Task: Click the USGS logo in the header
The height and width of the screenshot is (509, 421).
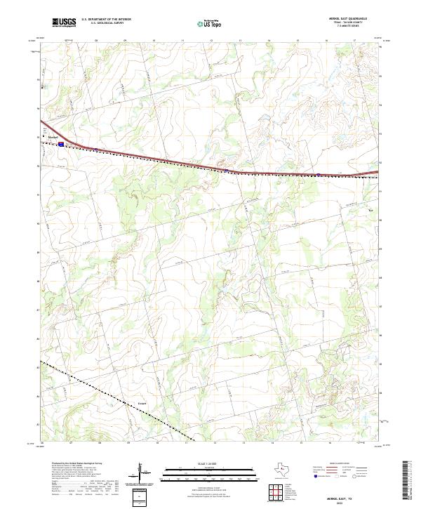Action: pyautogui.click(x=64, y=22)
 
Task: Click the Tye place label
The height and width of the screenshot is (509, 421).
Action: pyautogui.click(x=371, y=209)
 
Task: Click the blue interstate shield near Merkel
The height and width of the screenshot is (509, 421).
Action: pyautogui.click(x=62, y=144)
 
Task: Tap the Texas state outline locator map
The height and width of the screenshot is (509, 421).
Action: pyautogui.click(x=287, y=468)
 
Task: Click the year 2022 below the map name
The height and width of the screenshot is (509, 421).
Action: pyautogui.click(x=349, y=502)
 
